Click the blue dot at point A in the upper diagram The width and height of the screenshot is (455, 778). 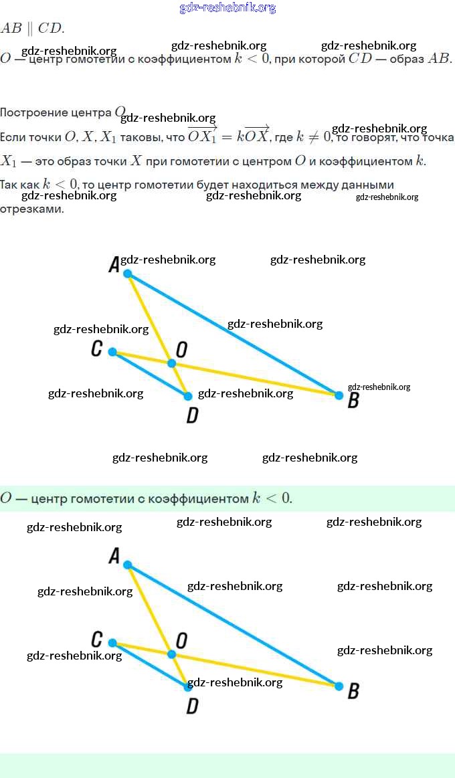point(128,274)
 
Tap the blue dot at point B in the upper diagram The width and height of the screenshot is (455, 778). point(339,395)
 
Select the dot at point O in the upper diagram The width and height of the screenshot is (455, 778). point(171,363)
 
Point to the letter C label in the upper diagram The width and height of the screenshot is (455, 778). point(96,349)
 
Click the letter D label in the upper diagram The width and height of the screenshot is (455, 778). point(192,416)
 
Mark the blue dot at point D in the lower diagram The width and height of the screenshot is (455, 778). point(188,687)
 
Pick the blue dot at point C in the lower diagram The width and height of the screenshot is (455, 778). point(112,643)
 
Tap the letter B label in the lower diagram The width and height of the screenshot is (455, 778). point(354,691)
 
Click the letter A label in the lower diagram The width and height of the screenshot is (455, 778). point(114,556)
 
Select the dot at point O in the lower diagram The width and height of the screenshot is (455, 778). point(171,654)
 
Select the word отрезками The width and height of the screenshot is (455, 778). point(31,209)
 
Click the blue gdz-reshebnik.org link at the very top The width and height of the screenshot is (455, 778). point(227,7)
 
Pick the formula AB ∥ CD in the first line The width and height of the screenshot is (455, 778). point(31,28)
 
